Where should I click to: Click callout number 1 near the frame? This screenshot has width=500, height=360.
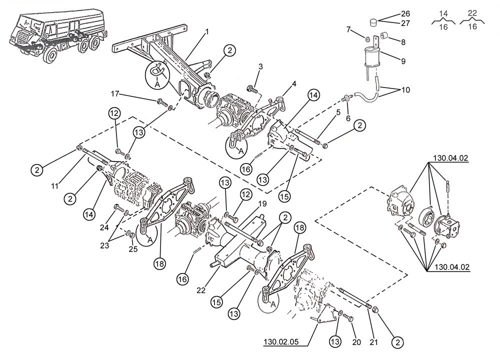pos(206,31)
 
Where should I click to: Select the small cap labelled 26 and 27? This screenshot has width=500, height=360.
pos(372,21)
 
